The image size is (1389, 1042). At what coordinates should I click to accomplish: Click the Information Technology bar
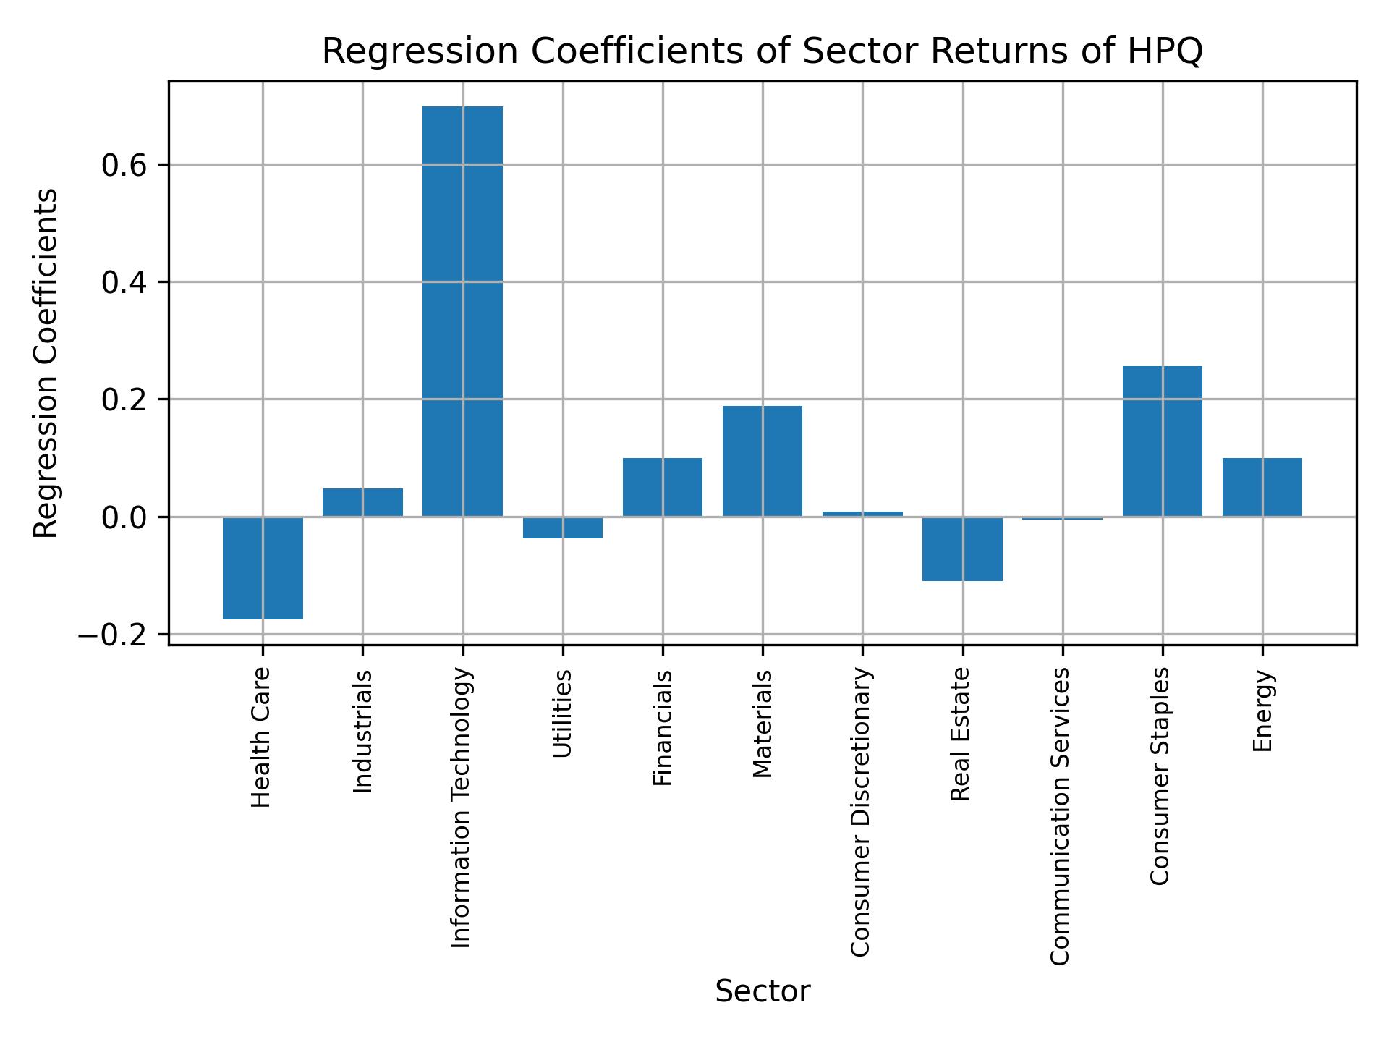pyautogui.click(x=462, y=311)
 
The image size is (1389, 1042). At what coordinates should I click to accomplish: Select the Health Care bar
pyautogui.click(x=263, y=568)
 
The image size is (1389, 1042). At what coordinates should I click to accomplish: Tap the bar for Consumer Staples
pyautogui.click(x=1162, y=441)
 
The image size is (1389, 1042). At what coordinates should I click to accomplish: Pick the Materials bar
pyautogui.click(x=762, y=461)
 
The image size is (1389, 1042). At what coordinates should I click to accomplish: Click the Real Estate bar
pyautogui.click(x=962, y=548)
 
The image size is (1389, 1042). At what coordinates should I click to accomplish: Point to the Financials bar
pyautogui.click(x=662, y=487)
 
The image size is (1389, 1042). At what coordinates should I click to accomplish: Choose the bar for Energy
pyautogui.click(x=1262, y=487)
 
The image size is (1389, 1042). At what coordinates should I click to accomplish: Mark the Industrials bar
pyautogui.click(x=362, y=502)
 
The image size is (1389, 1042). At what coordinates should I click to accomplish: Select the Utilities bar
pyautogui.click(x=562, y=528)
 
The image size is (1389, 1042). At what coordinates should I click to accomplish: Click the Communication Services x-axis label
pyautogui.click(x=1060, y=816)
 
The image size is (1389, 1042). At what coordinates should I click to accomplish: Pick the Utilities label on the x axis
pyautogui.click(x=562, y=713)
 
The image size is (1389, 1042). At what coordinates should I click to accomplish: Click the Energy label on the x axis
pyautogui.click(x=1262, y=711)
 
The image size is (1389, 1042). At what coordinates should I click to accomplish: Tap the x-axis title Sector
pyautogui.click(x=763, y=991)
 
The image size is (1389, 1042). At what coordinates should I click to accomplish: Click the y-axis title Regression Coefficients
pyautogui.click(x=46, y=363)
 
